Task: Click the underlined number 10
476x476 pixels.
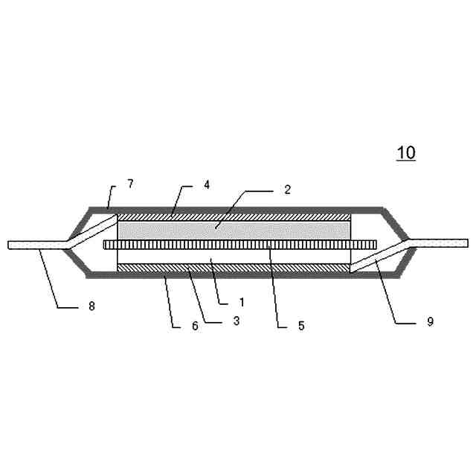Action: (406, 152)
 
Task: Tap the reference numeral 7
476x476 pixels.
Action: (131, 184)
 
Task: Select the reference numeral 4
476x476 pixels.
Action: (207, 184)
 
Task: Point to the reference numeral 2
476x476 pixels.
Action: (287, 190)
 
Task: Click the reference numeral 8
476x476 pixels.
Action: (91, 306)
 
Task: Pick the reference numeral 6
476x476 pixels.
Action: (195, 326)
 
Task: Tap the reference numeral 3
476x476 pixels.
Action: (237, 321)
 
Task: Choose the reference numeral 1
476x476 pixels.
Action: (242, 302)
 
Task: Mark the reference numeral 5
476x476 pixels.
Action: (301, 326)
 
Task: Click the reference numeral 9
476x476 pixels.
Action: (430, 321)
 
